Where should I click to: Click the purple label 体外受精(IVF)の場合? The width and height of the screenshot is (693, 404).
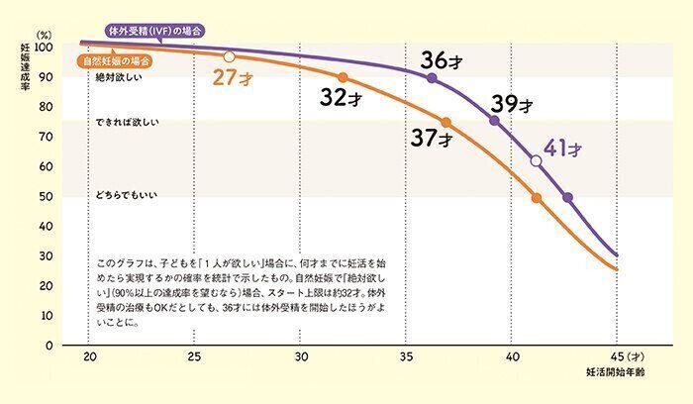tap(154, 32)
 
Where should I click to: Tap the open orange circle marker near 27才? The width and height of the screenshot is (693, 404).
tap(230, 56)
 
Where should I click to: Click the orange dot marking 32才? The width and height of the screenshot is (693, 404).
tap(343, 77)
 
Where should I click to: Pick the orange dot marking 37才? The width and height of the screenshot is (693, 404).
tap(445, 123)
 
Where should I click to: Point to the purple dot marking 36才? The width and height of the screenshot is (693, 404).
tap(432, 77)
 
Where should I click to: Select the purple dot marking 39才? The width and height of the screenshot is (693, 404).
tap(494, 121)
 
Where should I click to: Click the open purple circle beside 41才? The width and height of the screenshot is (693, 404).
tap(536, 160)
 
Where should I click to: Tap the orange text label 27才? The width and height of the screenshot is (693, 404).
tap(235, 77)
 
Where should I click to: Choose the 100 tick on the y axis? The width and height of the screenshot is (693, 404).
tap(44, 48)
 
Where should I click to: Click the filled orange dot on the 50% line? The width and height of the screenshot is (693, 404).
tap(537, 198)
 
